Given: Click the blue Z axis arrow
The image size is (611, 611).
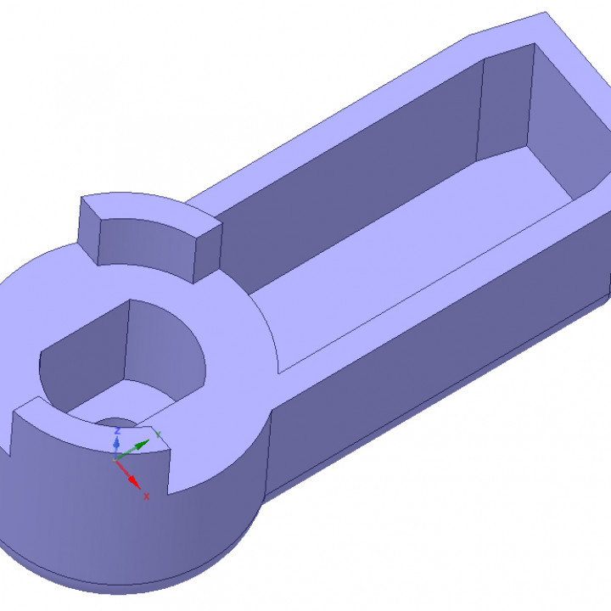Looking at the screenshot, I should [x=116, y=443].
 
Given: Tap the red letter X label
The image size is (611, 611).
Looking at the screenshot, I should [x=146, y=496].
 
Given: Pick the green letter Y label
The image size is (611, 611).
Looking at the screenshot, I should [x=158, y=434].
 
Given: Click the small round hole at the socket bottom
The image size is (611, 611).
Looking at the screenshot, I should [x=115, y=422].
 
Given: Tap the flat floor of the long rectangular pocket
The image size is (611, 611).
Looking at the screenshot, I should [x=407, y=255].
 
